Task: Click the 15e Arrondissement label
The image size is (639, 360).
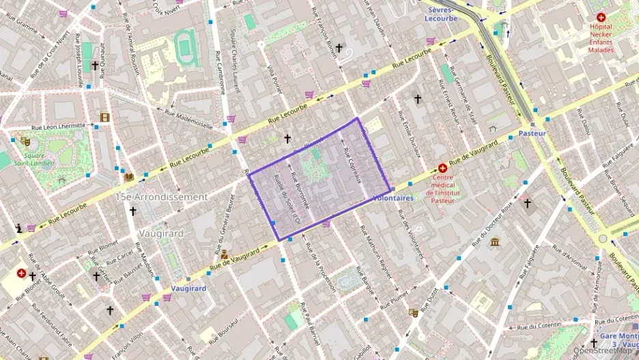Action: coord(161,197)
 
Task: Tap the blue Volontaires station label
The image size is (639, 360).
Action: coord(393,198)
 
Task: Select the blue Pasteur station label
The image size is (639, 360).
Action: coord(532,133)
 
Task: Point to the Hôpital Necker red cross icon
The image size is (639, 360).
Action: coord(601,17)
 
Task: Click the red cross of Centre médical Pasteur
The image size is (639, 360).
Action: coord(442,167)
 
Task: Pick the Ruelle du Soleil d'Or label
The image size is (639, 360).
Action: coord(286,199)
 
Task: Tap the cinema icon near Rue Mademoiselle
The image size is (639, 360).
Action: coord(104,117)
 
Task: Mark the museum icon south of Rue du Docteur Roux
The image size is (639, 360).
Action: coord(494,243)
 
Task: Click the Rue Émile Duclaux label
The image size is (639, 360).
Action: coord(410,133)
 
